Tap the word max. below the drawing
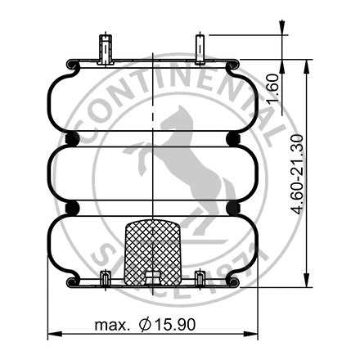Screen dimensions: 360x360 pyautogui.click(x=111, y=325)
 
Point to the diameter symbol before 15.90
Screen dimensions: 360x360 pyautogui.click(x=146, y=325)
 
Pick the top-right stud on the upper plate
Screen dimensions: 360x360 pyautogui.click(x=199, y=48)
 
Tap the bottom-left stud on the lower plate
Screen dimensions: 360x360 pyautogui.click(x=104, y=278)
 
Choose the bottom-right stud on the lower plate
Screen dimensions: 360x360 pyautogui.click(x=199, y=278)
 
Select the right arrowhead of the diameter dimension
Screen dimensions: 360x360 pyautogui.click(x=255, y=334)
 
